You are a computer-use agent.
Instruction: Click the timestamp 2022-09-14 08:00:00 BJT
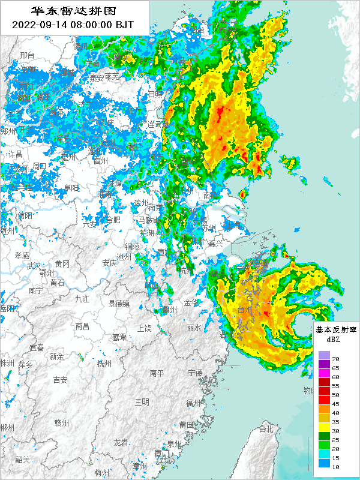74,25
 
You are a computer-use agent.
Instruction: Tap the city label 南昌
82,326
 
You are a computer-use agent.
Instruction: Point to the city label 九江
82,298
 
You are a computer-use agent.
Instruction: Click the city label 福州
193,402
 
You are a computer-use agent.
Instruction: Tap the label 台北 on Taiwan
265,429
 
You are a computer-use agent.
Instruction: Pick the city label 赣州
62,422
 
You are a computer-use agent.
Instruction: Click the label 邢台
28,55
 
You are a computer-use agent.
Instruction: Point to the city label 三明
142,401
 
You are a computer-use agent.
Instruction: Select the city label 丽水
193,328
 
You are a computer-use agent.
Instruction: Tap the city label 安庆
109,263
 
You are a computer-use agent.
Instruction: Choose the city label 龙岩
121,442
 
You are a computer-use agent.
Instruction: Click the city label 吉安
60,379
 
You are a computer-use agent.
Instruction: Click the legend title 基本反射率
336,330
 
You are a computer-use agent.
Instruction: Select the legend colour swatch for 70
325,356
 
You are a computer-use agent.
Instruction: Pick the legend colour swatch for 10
325,463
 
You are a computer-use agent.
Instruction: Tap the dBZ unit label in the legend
333,340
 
